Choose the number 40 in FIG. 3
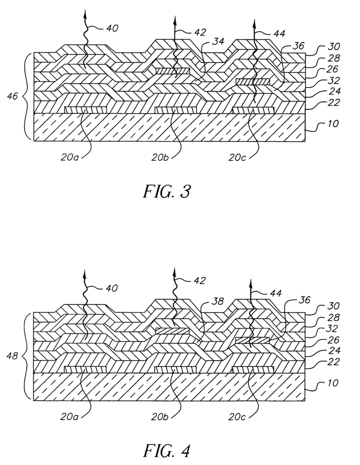tap(112, 28)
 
